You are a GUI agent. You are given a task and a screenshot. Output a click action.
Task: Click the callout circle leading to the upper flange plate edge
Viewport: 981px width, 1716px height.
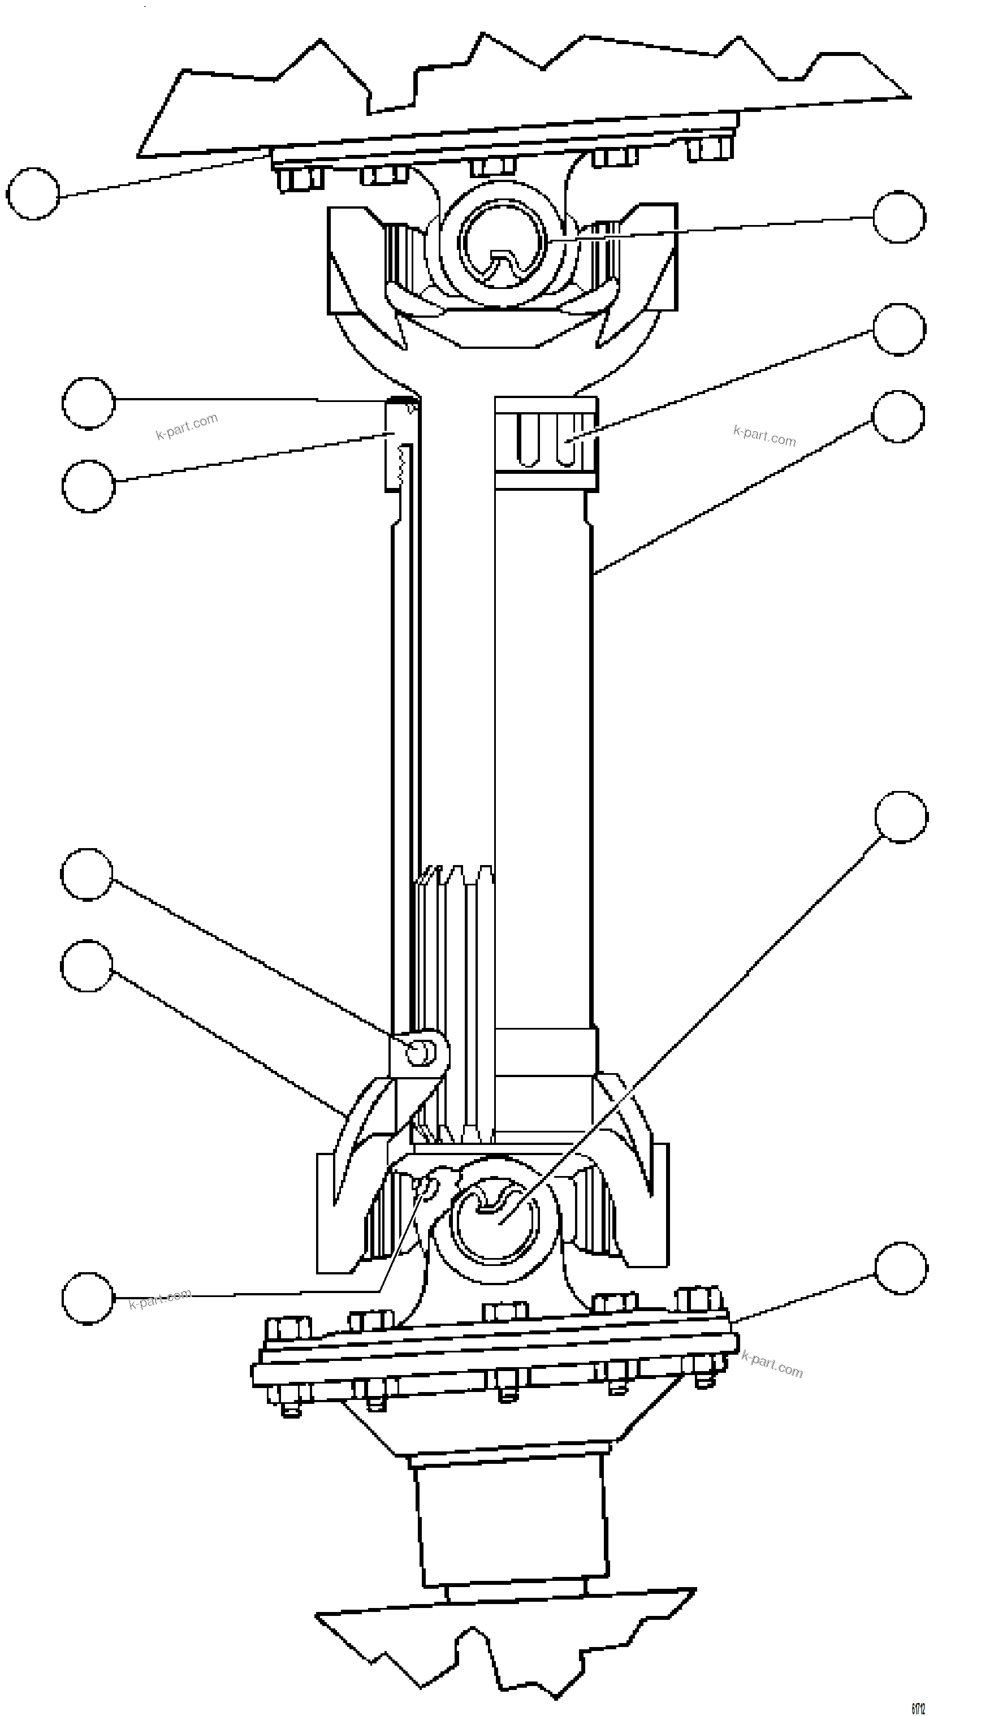[x=33, y=194]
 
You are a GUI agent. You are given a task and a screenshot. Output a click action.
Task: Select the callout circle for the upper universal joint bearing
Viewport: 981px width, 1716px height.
[x=899, y=217]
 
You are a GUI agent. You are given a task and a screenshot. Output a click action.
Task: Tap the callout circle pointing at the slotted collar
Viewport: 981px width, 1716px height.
[x=899, y=330]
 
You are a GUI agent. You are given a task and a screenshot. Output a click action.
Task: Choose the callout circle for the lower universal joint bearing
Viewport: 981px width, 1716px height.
[x=901, y=816]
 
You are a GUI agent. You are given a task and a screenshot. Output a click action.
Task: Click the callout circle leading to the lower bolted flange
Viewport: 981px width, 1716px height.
[x=901, y=1269]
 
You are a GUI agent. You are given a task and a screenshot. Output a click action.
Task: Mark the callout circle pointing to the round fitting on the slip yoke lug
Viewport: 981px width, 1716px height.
[x=87, y=875]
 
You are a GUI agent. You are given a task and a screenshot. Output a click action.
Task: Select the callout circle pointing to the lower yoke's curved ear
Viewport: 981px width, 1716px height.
[x=87, y=966]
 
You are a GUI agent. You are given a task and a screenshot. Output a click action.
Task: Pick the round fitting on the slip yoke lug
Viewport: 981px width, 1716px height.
[x=421, y=1052]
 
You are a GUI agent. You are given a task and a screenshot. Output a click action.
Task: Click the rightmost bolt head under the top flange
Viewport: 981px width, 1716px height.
[x=710, y=148]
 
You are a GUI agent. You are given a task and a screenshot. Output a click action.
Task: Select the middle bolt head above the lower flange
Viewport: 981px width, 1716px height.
[x=505, y=1311]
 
